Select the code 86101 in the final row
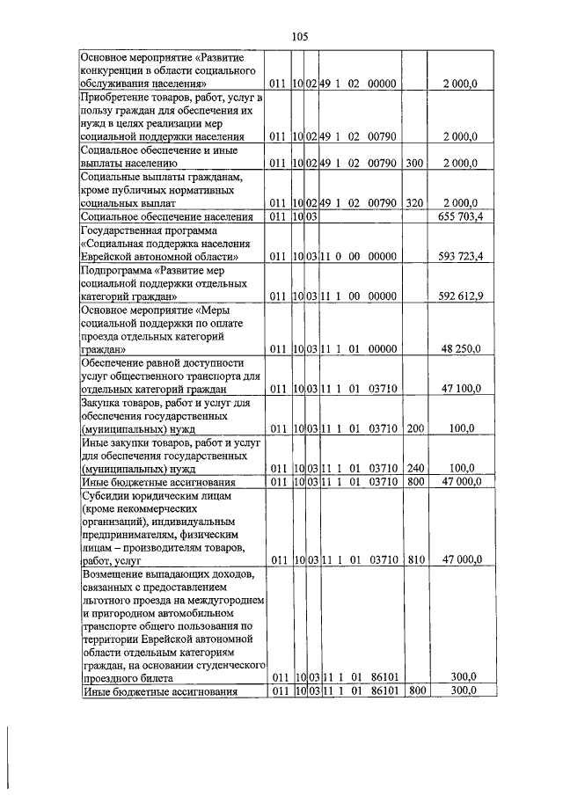pyautogui.click(x=384, y=691)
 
